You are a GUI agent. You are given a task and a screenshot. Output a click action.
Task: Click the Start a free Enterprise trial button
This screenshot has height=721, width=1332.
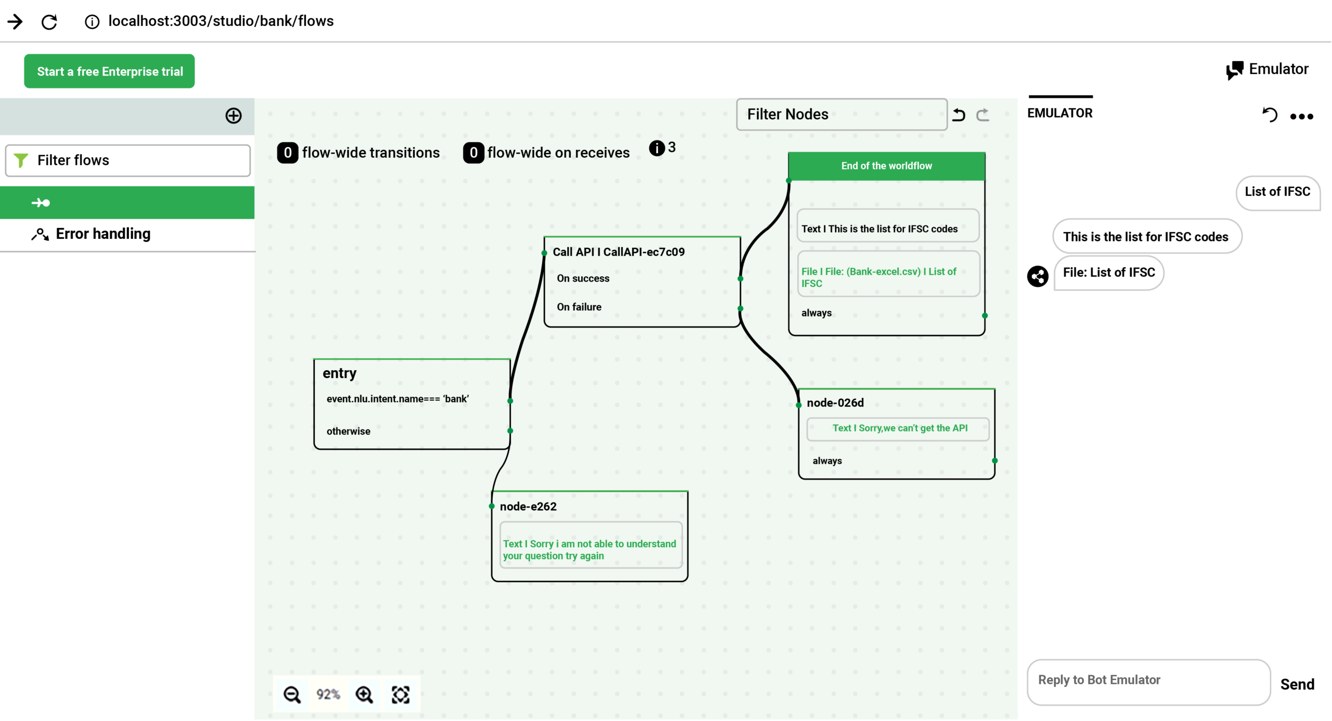109,71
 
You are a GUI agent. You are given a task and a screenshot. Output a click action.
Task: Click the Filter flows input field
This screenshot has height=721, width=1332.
128,160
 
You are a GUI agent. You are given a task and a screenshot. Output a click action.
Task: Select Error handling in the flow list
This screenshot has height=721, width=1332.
103,234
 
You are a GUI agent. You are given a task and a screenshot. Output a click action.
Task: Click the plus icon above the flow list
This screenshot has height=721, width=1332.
233,116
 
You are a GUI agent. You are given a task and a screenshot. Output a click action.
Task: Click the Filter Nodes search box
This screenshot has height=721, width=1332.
841,115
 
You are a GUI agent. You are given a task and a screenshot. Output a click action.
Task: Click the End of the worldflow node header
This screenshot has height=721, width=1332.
886,166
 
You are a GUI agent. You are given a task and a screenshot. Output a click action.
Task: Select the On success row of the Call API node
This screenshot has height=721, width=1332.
583,279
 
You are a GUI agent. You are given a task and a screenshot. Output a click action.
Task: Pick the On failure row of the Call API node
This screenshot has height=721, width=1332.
579,307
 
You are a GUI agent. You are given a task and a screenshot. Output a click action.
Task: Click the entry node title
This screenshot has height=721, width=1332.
340,373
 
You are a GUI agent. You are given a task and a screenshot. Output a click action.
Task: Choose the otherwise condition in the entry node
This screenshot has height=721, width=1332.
349,431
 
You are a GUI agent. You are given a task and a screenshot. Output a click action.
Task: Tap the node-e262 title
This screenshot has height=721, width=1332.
528,507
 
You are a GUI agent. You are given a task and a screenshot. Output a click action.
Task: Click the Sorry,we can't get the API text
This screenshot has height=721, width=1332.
899,428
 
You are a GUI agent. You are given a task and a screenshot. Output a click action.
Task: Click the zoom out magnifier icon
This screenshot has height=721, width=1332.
292,694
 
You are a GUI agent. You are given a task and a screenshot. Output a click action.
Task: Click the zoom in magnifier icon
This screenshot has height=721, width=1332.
364,694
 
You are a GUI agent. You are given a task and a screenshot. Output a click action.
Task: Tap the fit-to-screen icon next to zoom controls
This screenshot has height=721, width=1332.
401,694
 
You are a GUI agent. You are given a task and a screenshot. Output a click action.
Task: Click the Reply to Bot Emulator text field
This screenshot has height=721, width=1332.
1148,680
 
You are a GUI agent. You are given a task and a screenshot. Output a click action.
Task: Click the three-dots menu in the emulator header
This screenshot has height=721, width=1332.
1301,117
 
